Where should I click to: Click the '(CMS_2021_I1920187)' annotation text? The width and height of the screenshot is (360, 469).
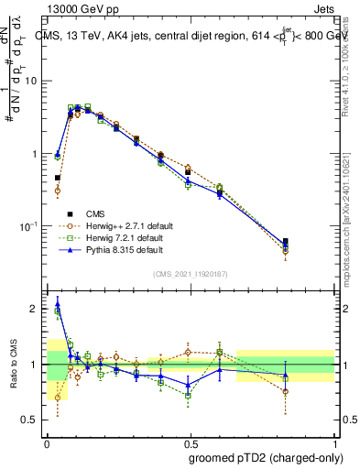tap(191, 274)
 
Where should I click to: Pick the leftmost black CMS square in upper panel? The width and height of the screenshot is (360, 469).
tap(57, 178)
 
